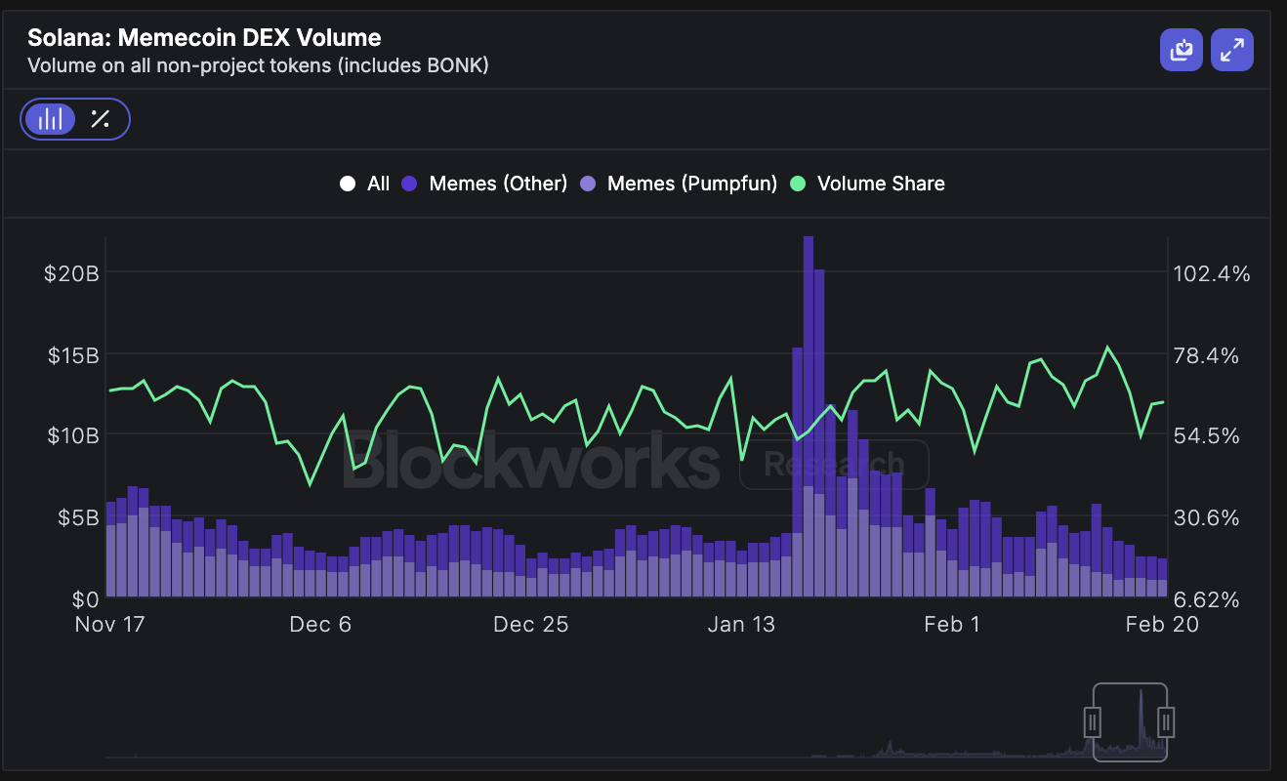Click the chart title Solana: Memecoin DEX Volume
[204, 38]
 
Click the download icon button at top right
[1182, 50]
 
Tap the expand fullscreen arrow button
[1232, 50]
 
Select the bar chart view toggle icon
[50, 120]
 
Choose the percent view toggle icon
[100, 120]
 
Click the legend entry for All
[365, 184]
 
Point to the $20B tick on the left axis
[71, 273]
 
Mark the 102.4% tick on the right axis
[1211, 273]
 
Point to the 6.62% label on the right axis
[1211, 598]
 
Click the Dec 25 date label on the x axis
[530, 625]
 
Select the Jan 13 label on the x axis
[741, 625]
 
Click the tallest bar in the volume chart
[809, 410]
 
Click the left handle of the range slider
[1094, 722]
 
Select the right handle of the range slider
[1166, 722]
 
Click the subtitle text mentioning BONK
[258, 66]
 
